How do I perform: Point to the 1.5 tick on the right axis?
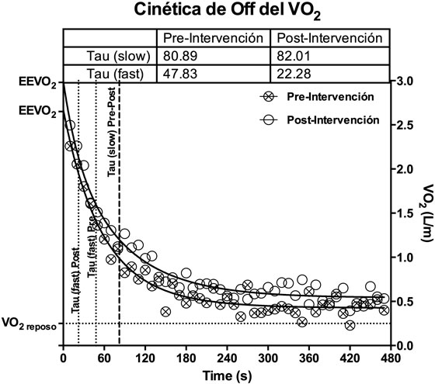[x=403, y=213]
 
